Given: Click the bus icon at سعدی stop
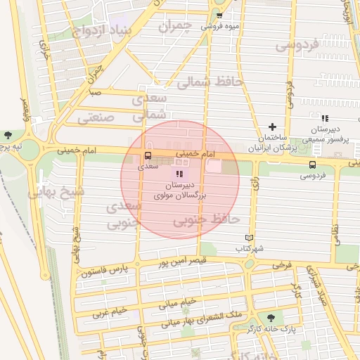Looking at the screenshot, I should pyautogui.click(x=148, y=156).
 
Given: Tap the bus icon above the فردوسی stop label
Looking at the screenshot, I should pyautogui.click(x=312, y=165).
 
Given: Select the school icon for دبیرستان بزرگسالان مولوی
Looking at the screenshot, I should pyautogui.click(x=179, y=173).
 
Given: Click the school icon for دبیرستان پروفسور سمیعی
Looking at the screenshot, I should pyautogui.click(x=324, y=118).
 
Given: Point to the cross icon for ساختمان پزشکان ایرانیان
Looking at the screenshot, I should pyautogui.click(x=273, y=126).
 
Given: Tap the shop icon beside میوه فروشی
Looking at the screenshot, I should pyautogui.click(x=219, y=15).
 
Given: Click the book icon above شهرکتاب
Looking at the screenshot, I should pyautogui.click(x=247, y=238).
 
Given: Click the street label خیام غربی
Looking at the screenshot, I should pyautogui.click(x=105, y=311).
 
